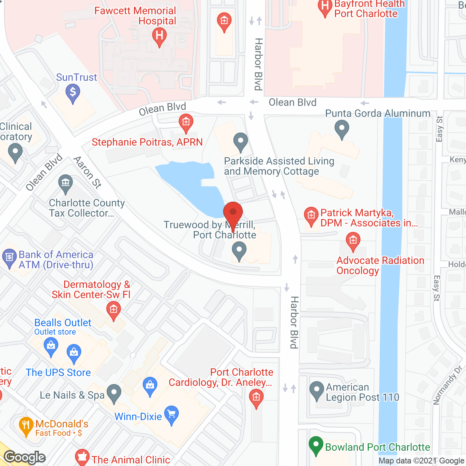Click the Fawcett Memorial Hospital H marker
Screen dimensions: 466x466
point(159,36)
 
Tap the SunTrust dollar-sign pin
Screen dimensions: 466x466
point(73,92)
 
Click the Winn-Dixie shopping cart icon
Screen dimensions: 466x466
point(171,414)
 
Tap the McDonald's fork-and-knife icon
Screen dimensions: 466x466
point(26,426)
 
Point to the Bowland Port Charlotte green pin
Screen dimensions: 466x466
point(316,445)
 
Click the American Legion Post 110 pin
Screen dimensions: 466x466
point(316,390)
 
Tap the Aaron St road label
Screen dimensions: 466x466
point(87,172)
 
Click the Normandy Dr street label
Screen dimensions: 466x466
point(447,386)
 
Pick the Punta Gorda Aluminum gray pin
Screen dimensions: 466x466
point(341,129)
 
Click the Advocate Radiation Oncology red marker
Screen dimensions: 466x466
point(353,241)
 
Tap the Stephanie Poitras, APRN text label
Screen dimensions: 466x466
point(147,142)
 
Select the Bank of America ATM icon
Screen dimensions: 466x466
point(9,258)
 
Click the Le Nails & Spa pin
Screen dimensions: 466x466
point(114,393)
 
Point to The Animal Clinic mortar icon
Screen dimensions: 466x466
point(82,458)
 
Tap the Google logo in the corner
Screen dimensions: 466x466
point(25,457)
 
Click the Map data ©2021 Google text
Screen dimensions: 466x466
point(422,461)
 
